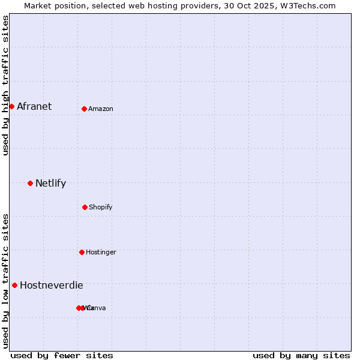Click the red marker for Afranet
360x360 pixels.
11,106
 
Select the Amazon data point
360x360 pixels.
84,109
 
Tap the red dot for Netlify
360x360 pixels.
30,183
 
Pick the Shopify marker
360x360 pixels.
85,207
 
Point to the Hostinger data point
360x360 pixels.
82,252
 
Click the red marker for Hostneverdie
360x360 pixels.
14,285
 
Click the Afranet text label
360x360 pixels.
34,107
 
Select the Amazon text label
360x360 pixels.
101,109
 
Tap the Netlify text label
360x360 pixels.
50,184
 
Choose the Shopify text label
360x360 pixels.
101,208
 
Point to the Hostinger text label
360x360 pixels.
101,253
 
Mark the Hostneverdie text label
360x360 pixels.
52,286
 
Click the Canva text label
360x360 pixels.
97,308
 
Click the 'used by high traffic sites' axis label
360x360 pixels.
6,85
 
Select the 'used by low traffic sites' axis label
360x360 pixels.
6,281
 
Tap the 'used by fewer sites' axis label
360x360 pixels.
62,355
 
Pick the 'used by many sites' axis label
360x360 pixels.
301,355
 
